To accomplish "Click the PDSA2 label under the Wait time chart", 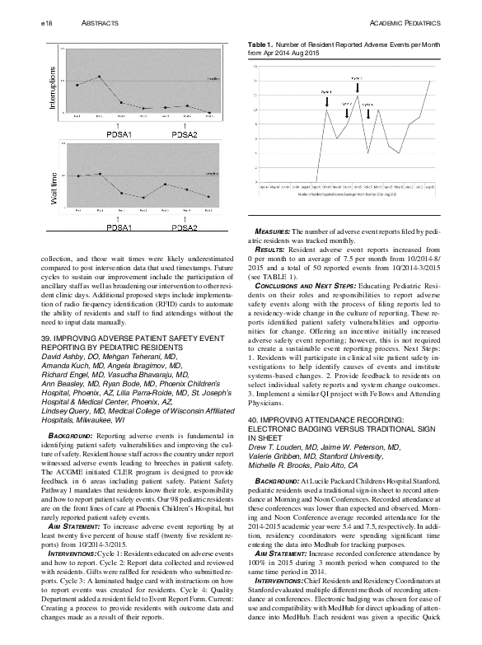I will pyautogui.click(x=185, y=228).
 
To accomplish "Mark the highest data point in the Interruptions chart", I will pyautogui.click(x=98, y=77).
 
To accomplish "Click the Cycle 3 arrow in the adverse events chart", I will pyautogui.click(x=358, y=85).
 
